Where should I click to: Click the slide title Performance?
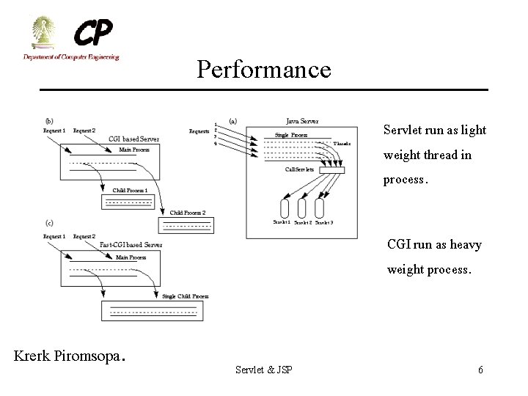[263, 70]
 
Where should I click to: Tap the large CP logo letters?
[93, 33]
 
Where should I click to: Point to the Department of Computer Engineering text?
[70, 56]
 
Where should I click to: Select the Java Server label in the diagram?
[302, 121]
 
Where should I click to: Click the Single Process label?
[291, 135]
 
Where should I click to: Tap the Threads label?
[342, 144]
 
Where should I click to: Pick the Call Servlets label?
[299, 169]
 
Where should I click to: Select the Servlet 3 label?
[324, 222]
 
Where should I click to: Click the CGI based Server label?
[133, 139]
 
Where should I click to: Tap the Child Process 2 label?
[188, 213]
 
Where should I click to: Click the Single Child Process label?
[185, 296]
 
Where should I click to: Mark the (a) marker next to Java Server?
[232, 121]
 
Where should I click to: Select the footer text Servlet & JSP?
[263, 370]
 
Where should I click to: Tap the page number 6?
[480, 370]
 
